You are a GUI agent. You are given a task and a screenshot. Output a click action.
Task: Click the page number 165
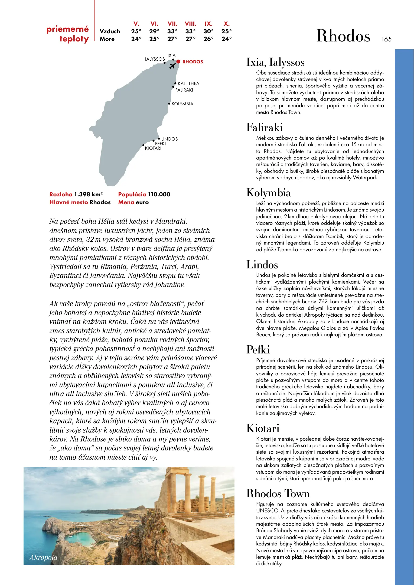coord(386,39)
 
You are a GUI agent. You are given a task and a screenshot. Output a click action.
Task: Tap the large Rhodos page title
coord(343,36)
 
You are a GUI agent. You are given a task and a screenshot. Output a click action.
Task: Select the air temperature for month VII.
coord(172,31)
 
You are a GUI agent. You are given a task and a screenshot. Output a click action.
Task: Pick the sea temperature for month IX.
coord(208,39)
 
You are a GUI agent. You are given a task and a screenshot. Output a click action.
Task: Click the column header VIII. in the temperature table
coord(191,24)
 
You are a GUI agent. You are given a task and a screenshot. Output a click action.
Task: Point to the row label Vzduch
coord(110,31)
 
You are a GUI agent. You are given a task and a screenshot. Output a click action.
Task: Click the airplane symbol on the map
coord(172,66)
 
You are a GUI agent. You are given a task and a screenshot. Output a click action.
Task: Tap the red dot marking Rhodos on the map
coord(178,62)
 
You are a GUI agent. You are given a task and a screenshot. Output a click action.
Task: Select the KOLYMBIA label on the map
coord(182,104)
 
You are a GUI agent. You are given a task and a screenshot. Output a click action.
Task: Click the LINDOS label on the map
coord(169,139)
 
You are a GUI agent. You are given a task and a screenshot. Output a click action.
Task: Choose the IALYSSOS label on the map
coord(155,59)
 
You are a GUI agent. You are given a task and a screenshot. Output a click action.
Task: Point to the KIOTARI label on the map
coord(153,148)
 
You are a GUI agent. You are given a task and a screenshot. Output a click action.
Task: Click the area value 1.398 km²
coord(89,194)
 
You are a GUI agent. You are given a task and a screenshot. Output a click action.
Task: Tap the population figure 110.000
coord(159,194)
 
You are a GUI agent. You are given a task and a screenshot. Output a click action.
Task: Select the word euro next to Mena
coord(142,202)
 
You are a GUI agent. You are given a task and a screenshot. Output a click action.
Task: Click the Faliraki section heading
coord(265,128)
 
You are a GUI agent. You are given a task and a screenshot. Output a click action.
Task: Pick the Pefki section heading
coord(258,350)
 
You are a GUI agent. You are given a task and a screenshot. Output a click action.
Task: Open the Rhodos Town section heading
coord(278,493)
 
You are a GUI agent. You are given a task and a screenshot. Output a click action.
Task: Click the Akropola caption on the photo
coord(44,557)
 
